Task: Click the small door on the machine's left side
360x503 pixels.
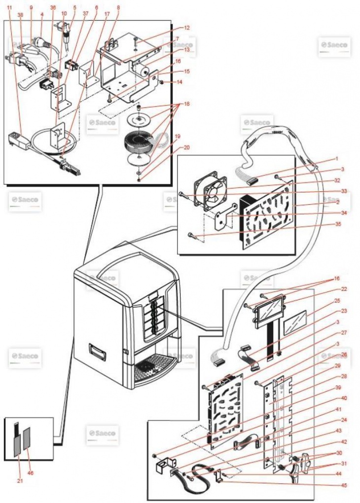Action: (96, 352)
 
